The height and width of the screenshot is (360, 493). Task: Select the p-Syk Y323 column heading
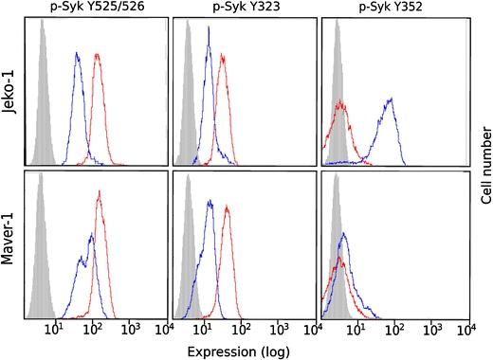(x=243, y=8)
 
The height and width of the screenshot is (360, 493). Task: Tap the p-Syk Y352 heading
(x=393, y=8)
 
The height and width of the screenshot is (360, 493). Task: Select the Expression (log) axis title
(x=246, y=350)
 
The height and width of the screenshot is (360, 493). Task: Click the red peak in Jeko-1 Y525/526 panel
(x=97, y=59)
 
